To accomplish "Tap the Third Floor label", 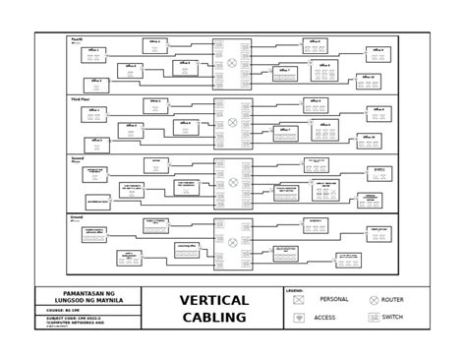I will pos(81,100).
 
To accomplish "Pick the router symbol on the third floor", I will pos(232,123).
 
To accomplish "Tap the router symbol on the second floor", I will pos(232,180).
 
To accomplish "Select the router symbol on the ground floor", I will pos(232,239).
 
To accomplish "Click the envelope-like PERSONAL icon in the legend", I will pos(298,300).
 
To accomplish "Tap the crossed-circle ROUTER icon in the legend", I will pos(374,300).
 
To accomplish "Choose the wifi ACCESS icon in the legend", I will pos(298,319).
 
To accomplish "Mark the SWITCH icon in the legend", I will pos(374,318).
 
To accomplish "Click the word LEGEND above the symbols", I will pos(294,291).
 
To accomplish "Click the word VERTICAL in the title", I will pos(214,300).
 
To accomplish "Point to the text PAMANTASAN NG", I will pos(89,292).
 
